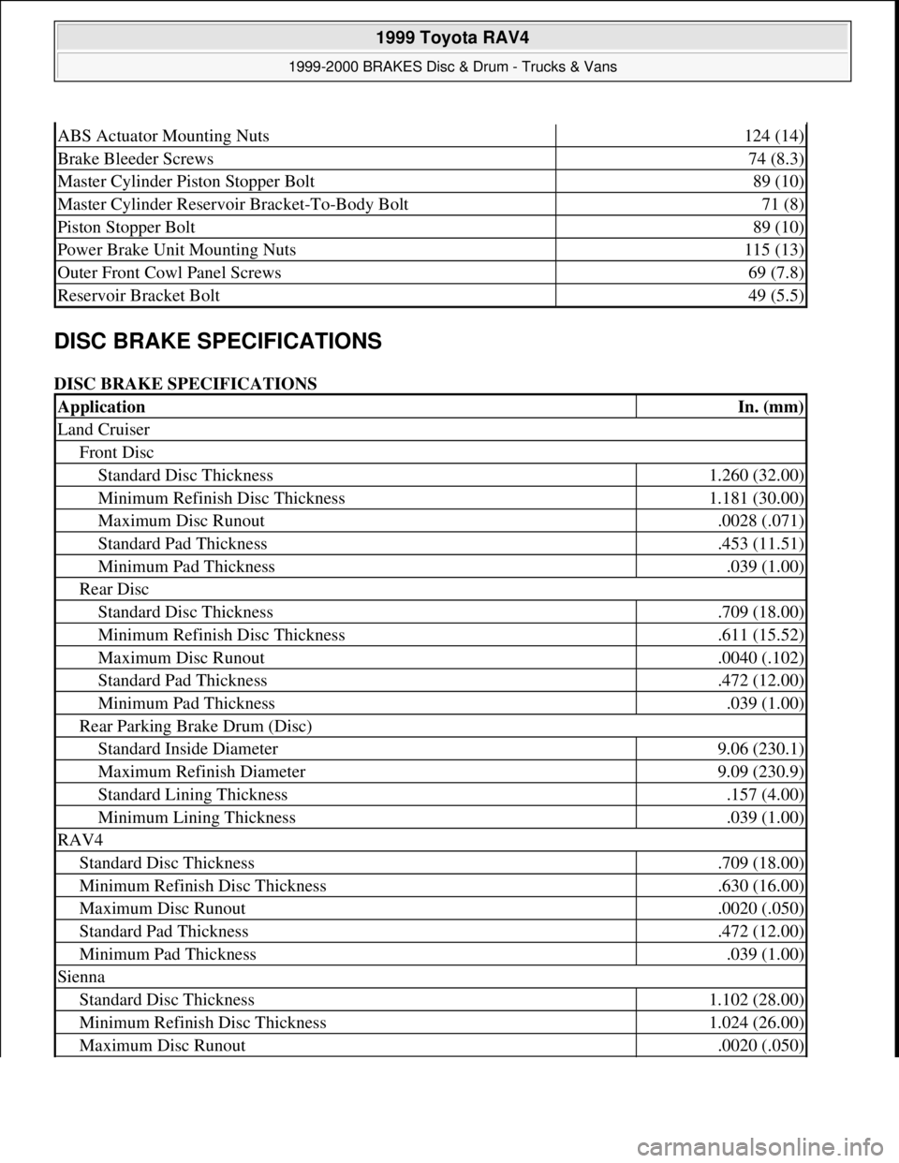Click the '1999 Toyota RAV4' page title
[451, 39]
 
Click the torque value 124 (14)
[774, 136]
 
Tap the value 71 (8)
[785, 204]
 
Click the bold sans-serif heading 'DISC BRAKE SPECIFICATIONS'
[218, 340]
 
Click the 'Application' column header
[101, 406]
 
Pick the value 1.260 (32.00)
[758, 475]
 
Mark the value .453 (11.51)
[760, 543]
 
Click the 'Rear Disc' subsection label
[113, 589]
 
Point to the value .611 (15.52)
[760, 634]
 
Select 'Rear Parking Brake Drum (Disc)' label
[195, 726]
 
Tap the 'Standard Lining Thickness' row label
[192, 794]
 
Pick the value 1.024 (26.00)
[758, 1023]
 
